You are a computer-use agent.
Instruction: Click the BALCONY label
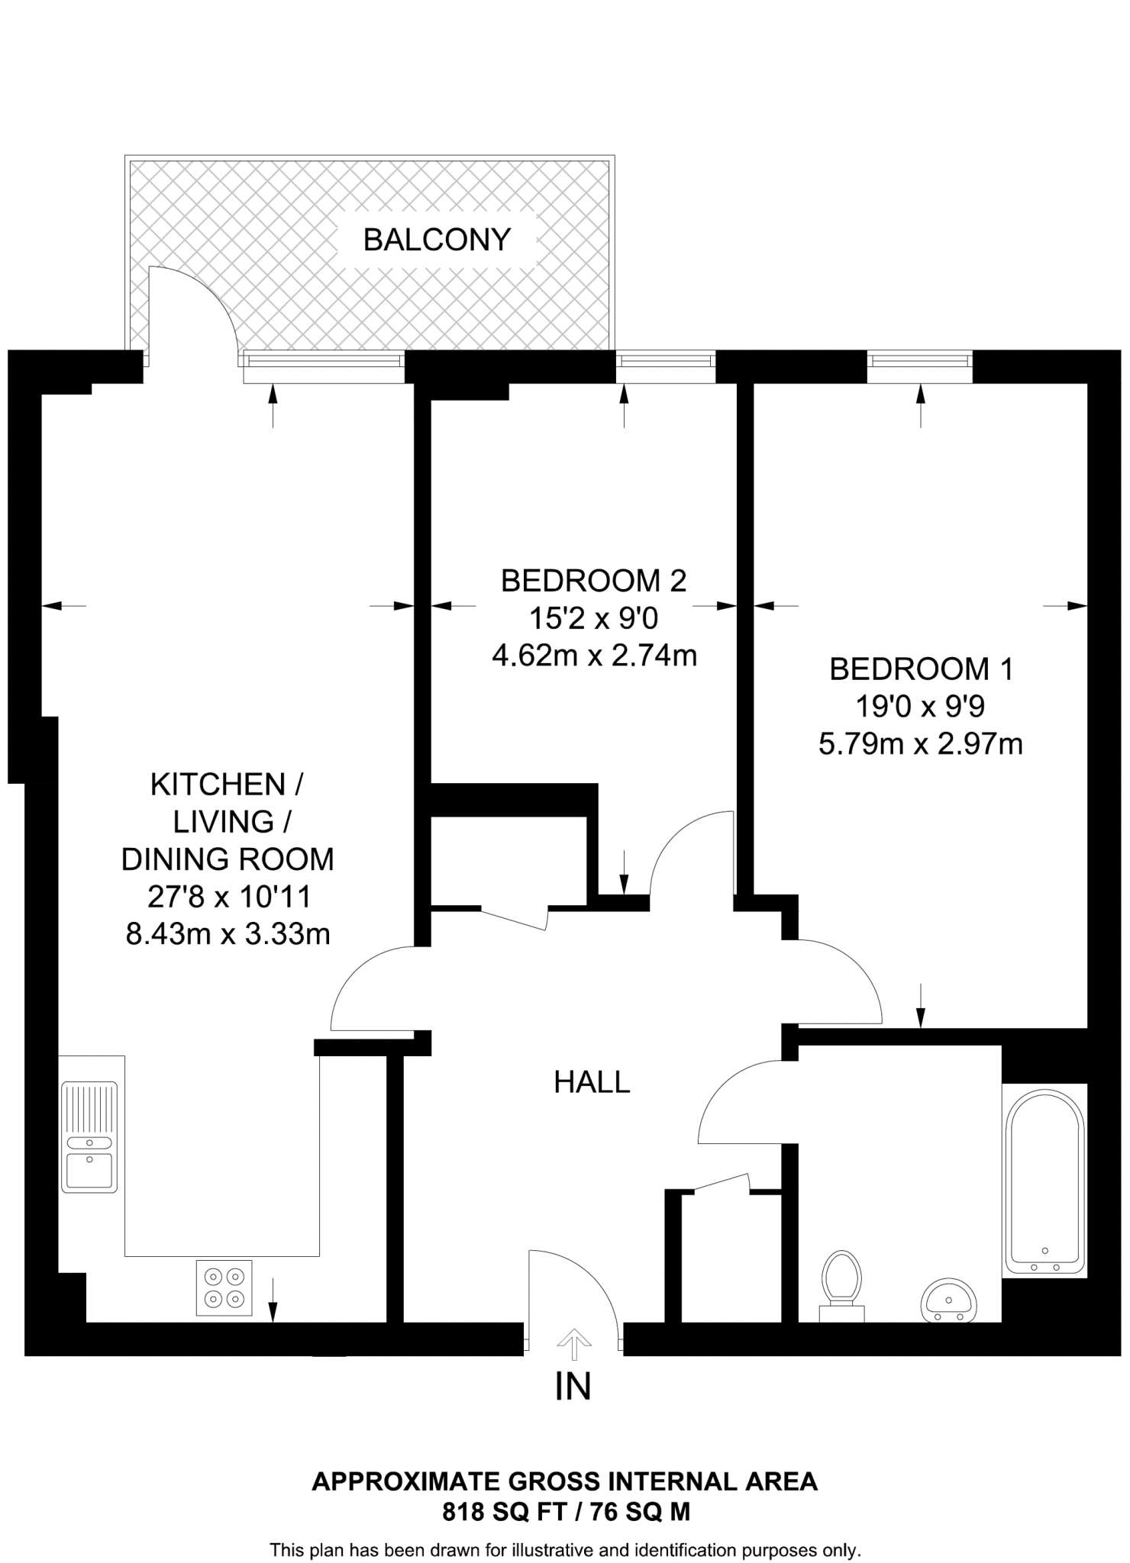(x=437, y=240)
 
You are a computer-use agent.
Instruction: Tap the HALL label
(x=592, y=1082)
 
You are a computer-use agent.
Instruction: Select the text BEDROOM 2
(x=593, y=581)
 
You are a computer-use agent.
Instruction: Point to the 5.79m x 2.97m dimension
(x=920, y=743)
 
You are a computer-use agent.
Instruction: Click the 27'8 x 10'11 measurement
(x=229, y=897)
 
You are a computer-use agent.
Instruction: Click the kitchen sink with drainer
(x=89, y=1136)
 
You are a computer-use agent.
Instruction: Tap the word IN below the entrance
(x=573, y=1387)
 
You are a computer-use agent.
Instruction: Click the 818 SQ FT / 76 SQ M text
(x=566, y=1512)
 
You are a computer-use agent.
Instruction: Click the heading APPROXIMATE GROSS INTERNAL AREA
(x=565, y=1481)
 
